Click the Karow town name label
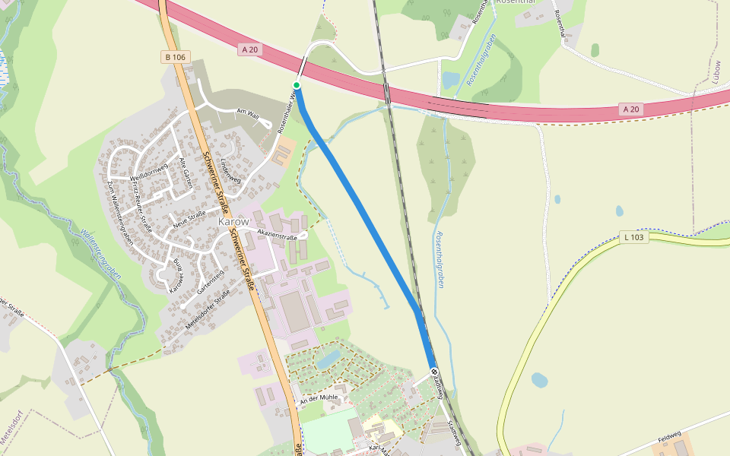tap(233, 221)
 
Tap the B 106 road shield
tap(174, 57)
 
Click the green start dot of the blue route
tap(297, 84)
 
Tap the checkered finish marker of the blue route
tap(434, 372)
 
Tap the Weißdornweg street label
tap(148, 173)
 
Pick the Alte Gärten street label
tap(185, 173)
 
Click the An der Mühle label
tap(318, 398)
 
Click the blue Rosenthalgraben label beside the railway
tap(439, 259)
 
